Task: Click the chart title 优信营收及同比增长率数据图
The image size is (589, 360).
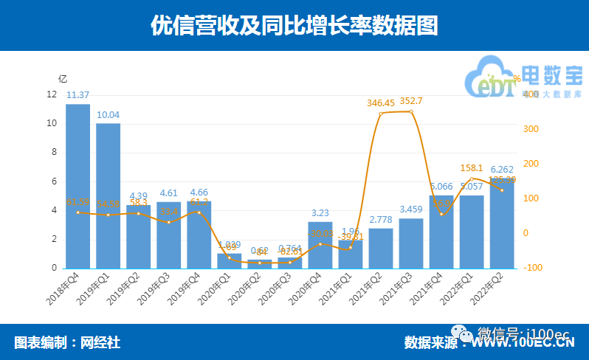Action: [294, 26]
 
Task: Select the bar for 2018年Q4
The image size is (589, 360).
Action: [77, 186]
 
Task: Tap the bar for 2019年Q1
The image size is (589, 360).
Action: [108, 195]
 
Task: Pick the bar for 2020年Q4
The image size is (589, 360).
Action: [320, 245]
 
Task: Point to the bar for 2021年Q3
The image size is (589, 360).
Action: [410, 243]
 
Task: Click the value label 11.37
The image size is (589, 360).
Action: [77, 94]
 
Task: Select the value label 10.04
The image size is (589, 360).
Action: [108, 114]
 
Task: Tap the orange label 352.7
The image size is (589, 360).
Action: [411, 100]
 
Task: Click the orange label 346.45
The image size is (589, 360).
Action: [381, 103]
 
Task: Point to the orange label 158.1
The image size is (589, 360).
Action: [472, 167]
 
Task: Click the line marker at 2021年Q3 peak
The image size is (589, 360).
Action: [411, 111]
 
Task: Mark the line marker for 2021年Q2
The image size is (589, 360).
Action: [381, 114]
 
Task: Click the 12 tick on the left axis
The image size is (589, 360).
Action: [51, 94]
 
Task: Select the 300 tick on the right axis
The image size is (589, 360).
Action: [530, 129]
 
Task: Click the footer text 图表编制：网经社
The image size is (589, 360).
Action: [67, 342]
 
